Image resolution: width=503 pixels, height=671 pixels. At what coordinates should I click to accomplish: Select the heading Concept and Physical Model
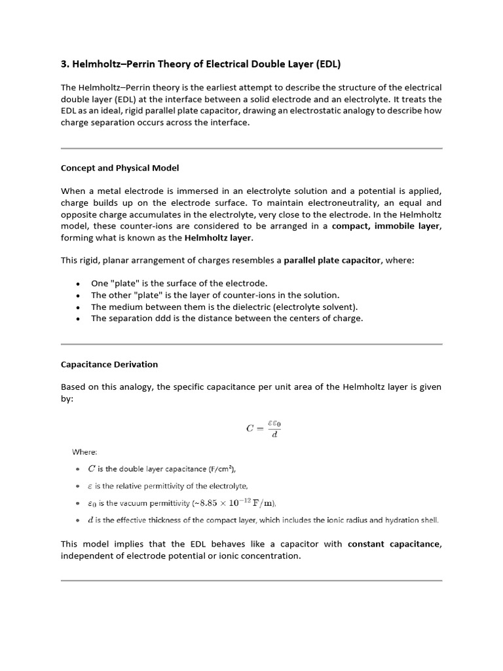click(x=120, y=168)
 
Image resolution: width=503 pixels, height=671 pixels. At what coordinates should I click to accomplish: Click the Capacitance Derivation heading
click(x=109, y=364)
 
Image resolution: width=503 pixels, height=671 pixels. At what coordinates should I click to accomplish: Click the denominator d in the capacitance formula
click(x=274, y=435)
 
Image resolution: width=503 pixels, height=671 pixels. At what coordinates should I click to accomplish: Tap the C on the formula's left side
click(x=250, y=429)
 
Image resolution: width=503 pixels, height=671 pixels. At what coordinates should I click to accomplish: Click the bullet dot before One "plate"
click(x=79, y=284)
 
